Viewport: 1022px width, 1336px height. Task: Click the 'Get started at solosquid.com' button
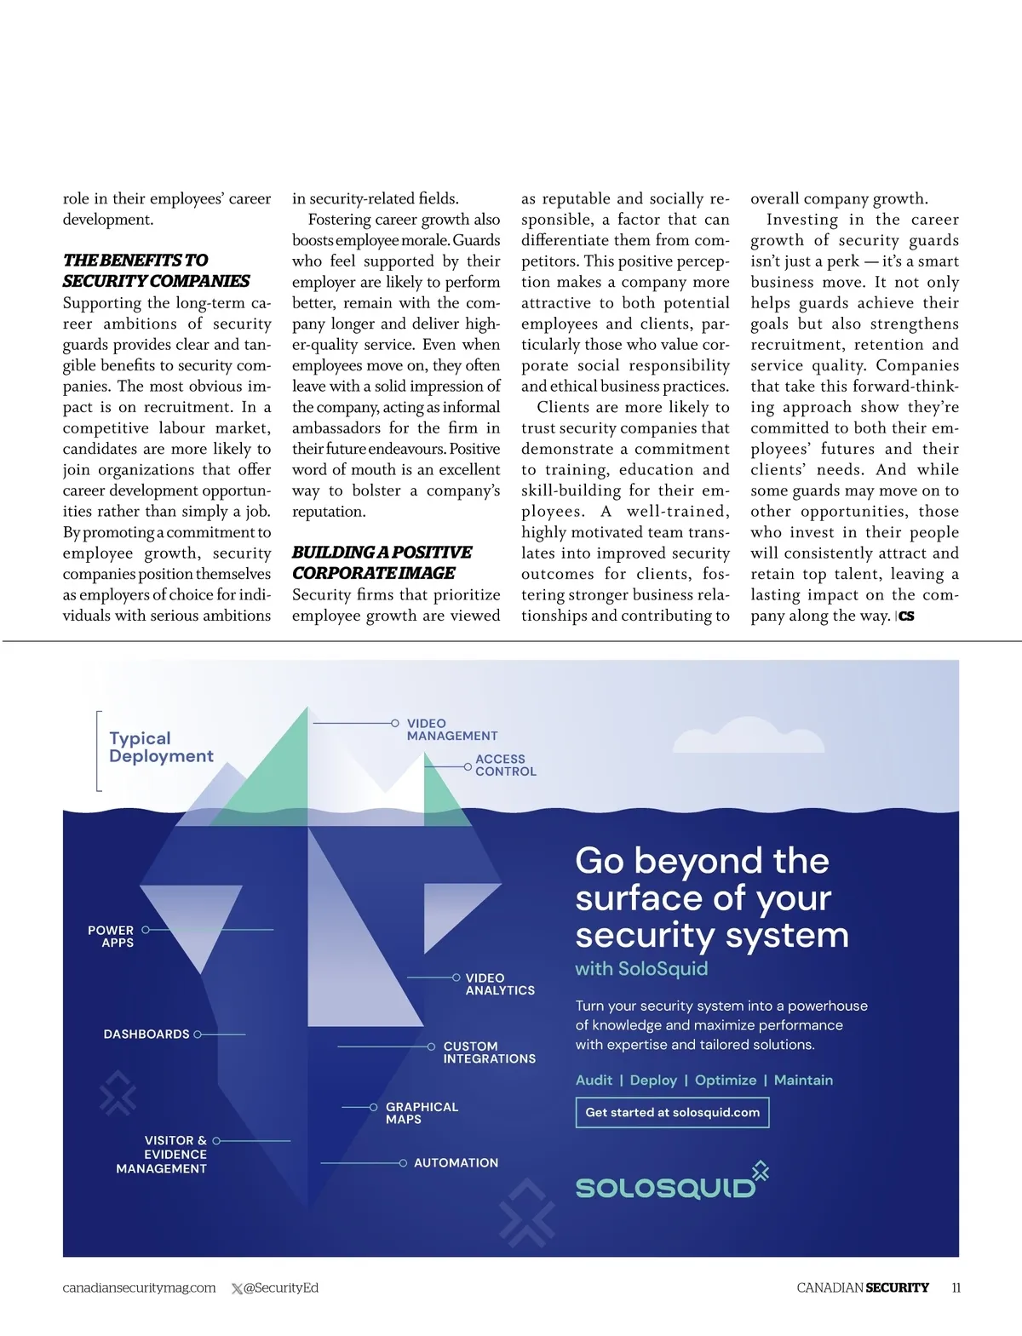pos(672,1112)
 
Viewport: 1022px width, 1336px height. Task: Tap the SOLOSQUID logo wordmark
pos(665,1187)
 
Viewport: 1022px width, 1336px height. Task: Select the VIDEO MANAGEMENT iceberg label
pos(451,730)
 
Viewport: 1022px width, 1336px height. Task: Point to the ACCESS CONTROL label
pos(505,765)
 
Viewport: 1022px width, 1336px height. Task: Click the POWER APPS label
pos(111,937)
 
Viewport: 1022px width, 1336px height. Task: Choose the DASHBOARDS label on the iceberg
pos(146,1034)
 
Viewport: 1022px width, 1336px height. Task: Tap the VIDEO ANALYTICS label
pos(500,984)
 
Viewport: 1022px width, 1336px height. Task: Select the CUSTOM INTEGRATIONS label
pos(489,1052)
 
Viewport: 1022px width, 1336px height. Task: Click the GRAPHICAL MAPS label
pos(422,1113)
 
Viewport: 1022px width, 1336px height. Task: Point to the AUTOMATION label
pos(456,1162)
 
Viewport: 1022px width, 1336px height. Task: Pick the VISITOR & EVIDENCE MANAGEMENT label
pos(163,1155)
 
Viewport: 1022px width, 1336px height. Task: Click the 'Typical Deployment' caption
pos(161,748)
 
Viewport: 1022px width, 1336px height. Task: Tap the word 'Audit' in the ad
pos(594,1080)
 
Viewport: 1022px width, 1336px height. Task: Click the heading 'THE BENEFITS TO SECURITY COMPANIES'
pos(156,271)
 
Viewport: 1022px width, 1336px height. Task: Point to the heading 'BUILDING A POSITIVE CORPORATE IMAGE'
pos(382,563)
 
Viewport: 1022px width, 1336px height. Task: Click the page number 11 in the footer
pos(956,1287)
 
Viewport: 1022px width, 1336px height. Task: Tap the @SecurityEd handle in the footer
pos(280,1287)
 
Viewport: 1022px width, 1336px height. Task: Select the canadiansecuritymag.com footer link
pos(139,1287)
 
